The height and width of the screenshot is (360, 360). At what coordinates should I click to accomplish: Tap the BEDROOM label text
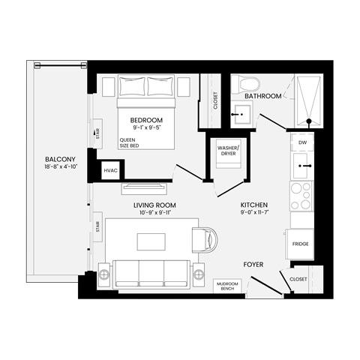point(146,120)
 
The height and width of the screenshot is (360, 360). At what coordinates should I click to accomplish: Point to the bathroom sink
point(241,116)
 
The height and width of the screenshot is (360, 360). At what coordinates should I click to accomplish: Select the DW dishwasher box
point(302,142)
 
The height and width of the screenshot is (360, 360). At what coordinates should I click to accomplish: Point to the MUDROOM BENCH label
point(227,286)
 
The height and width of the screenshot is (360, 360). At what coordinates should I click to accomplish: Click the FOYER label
point(253,265)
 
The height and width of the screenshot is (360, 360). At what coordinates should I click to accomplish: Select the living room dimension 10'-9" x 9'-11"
point(155,213)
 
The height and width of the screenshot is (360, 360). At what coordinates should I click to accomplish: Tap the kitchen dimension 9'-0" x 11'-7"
point(254,213)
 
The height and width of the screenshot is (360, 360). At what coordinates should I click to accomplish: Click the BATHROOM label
point(263,96)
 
